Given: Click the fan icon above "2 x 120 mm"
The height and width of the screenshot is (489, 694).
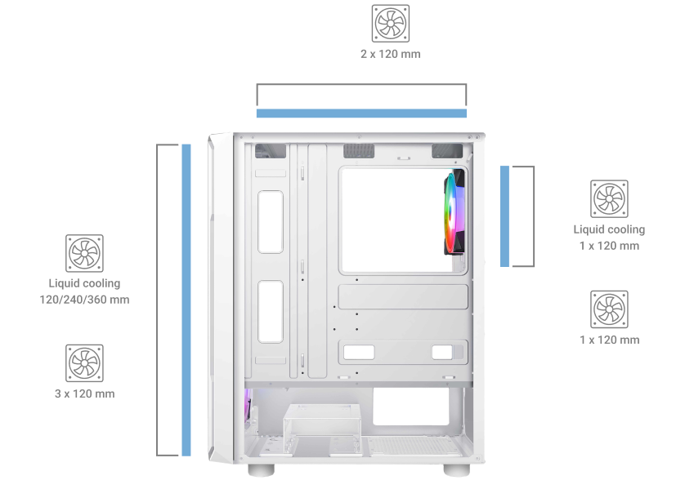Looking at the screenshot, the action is tap(391, 24).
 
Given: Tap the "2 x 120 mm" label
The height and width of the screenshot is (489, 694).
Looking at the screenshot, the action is tap(391, 54).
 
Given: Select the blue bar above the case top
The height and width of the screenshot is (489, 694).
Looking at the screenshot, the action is tap(361, 113).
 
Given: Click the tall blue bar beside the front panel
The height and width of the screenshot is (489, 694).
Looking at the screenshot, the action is tap(186, 300).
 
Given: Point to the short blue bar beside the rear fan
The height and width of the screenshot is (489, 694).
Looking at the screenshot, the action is tap(504, 216).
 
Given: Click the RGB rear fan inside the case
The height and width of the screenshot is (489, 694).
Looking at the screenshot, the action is tap(454, 211).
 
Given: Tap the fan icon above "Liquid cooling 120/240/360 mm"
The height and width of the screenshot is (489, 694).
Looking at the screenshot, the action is tap(84, 253).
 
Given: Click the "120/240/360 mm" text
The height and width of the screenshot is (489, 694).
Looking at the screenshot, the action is tap(84, 300).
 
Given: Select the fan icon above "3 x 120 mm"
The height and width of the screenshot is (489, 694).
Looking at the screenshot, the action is tap(84, 363).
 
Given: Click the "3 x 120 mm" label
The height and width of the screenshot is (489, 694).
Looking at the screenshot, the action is tap(84, 394).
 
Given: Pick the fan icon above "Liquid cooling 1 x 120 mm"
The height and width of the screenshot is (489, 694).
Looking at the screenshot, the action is tap(609, 198).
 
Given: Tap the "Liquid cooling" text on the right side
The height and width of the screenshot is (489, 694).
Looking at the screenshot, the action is tap(609, 229).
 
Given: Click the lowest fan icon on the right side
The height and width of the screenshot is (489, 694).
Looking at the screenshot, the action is tap(609, 309).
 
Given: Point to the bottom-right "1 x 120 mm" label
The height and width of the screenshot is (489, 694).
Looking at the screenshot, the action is tap(610, 340).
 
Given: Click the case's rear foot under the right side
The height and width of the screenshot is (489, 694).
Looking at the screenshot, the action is tap(456, 470).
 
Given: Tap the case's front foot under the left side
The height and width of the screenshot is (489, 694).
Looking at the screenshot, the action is tap(261, 470).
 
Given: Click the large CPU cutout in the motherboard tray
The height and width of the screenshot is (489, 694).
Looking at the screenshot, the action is tap(403, 220).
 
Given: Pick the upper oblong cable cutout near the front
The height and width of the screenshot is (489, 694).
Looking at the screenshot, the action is tap(271, 222).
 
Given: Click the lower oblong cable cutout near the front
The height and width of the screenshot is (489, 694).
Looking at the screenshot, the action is tap(271, 311).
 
